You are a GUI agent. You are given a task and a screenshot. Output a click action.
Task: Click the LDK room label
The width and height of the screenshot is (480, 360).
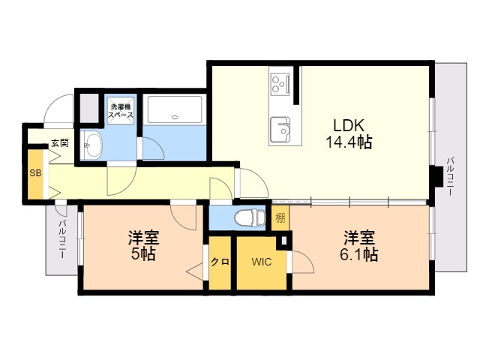coord(349,124)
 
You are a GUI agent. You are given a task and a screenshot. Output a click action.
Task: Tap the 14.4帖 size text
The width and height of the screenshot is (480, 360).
coord(349,141)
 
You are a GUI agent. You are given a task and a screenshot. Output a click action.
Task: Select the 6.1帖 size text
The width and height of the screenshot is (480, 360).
coord(360,255)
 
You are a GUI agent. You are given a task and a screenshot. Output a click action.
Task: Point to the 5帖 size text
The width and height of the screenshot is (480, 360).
coord(142,255)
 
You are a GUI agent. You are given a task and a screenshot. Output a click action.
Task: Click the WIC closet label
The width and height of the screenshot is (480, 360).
coord(262,262)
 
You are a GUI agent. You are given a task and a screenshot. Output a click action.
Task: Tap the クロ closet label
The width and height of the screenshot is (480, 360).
coord(220,262)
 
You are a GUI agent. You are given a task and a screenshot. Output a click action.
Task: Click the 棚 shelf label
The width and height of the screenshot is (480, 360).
coord(279,218)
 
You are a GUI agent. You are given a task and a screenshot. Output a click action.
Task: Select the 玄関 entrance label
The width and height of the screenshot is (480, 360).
coord(59,142)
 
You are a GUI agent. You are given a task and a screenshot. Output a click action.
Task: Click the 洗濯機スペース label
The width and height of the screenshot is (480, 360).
coord(120,110)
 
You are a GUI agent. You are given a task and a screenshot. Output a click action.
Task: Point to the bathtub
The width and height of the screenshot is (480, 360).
coord(174,110)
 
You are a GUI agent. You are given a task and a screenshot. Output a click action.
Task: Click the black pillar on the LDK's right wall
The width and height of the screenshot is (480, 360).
coord(436,178)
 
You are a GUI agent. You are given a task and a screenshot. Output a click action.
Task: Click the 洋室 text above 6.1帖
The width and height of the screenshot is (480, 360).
coord(360,238)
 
